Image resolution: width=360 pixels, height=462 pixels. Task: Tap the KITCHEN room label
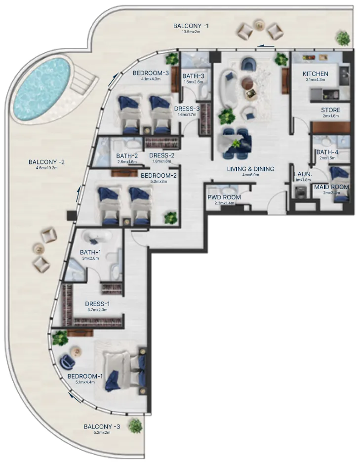tap(315, 74)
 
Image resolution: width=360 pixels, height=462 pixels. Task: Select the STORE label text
tap(330, 110)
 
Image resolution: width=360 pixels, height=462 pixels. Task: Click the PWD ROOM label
tap(224, 197)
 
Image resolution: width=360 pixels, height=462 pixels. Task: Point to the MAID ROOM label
tap(332, 187)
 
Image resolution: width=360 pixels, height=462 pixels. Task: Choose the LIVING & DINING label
tap(251, 169)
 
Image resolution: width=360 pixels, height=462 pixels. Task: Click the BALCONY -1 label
tap(191, 26)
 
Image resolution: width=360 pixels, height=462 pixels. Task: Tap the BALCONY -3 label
tap(102, 426)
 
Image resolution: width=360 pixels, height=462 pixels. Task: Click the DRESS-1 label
tap(97, 304)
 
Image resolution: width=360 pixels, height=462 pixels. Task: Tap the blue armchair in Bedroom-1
tap(67, 363)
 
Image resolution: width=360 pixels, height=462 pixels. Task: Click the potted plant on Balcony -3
tap(134, 425)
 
